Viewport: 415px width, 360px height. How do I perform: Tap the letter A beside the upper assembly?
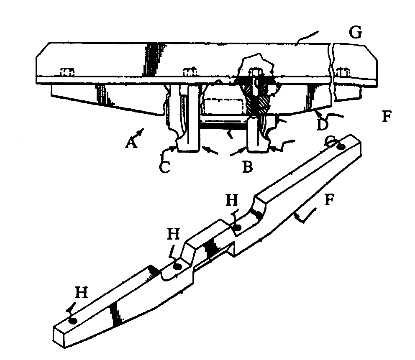click(x=131, y=143)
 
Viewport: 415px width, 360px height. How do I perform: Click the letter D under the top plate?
click(x=322, y=124)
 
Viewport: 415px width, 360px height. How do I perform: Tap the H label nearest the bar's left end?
click(x=81, y=293)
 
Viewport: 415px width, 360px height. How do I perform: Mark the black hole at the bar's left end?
click(x=73, y=321)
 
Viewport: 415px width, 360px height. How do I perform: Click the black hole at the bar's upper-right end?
click(x=341, y=147)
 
